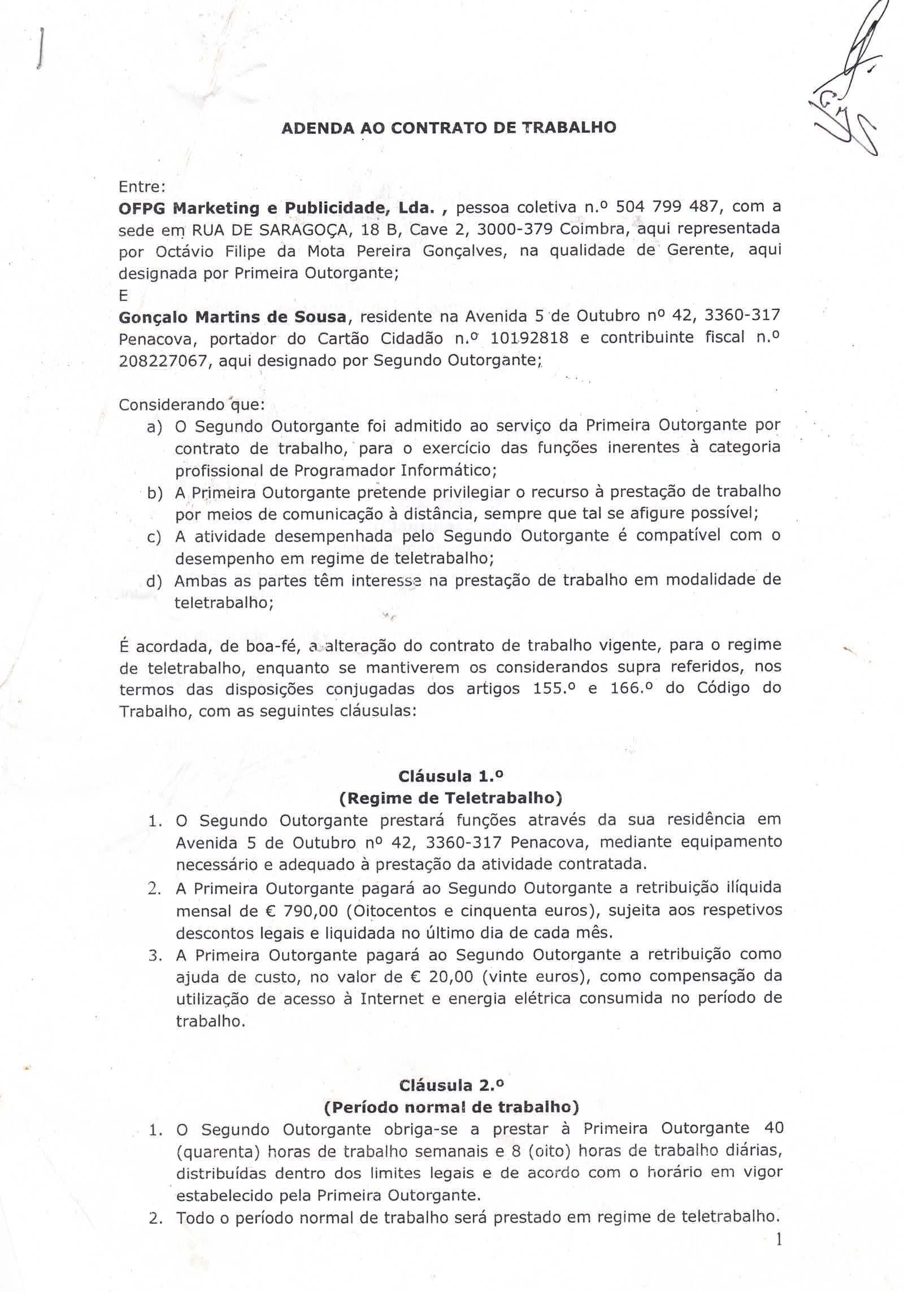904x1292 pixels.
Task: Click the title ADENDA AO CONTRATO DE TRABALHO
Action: [x=449, y=128]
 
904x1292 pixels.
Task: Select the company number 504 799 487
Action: [x=667, y=207]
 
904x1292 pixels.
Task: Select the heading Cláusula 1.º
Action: [x=450, y=776]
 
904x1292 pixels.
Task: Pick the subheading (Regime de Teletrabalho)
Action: [x=450, y=798]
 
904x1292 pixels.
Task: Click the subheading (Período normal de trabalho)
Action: [x=451, y=1107]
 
